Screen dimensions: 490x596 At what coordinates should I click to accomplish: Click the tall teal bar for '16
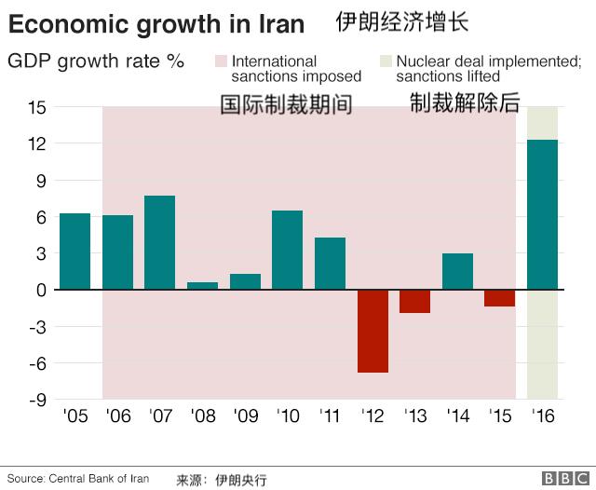[x=542, y=214]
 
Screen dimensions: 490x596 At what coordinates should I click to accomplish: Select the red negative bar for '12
[x=372, y=331]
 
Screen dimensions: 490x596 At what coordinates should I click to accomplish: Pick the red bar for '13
[x=415, y=301]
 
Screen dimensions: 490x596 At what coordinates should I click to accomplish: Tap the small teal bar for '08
[x=202, y=286]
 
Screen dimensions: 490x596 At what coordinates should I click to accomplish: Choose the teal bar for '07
[x=160, y=242]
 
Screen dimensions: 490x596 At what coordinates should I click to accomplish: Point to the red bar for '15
[x=500, y=298]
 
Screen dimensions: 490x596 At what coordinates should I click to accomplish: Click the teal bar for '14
[x=457, y=271]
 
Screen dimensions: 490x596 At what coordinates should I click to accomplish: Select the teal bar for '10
[x=287, y=250]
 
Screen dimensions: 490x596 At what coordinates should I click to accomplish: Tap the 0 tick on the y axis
[x=40, y=290]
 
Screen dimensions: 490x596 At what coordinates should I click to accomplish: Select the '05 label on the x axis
[x=74, y=415]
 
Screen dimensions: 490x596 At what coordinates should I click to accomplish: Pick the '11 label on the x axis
[x=330, y=415]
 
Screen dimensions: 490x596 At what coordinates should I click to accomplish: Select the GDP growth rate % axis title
[x=96, y=62]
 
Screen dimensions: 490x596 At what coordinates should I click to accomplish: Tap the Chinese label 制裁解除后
[x=465, y=103]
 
